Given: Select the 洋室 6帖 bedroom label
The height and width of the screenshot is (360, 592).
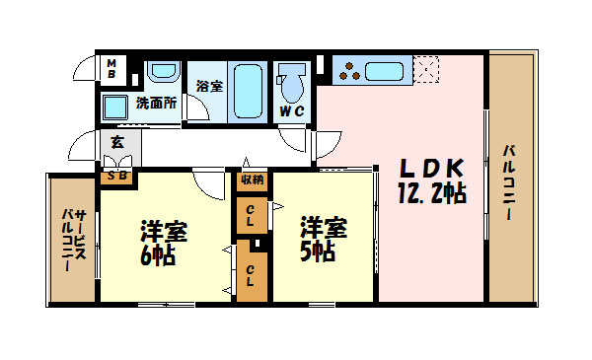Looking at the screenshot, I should [x=163, y=233].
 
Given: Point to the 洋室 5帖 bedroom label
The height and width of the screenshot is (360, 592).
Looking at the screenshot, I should [x=324, y=226].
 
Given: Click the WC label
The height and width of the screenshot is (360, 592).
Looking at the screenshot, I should [x=291, y=110].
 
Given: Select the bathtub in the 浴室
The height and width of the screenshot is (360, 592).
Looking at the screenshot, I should [x=246, y=92].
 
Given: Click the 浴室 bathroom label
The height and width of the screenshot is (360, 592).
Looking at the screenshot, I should [x=208, y=87].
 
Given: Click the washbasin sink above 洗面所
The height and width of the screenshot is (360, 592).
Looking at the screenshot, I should [x=161, y=74].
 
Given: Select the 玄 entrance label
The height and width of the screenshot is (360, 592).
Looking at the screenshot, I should [x=116, y=143].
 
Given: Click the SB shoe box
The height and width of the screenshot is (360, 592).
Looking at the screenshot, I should [x=116, y=177].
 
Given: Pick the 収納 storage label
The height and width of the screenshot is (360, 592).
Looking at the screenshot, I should [x=252, y=180].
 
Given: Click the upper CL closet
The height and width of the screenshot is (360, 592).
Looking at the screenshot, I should [x=252, y=216].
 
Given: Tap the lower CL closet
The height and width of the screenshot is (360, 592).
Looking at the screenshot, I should [x=252, y=270].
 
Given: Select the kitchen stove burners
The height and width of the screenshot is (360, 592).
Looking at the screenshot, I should [x=350, y=70].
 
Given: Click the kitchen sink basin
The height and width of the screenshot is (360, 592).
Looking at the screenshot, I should [x=387, y=70].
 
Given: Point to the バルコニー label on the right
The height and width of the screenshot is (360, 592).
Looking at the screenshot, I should [x=510, y=182].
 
